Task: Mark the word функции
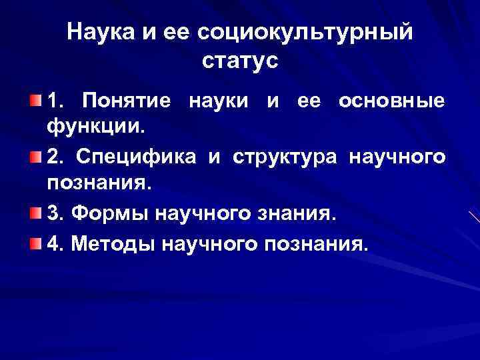tap(91, 125)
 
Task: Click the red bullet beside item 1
tap(35, 101)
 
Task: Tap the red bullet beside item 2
tap(35, 157)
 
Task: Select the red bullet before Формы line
tap(35, 213)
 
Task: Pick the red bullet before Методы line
tap(35, 244)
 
